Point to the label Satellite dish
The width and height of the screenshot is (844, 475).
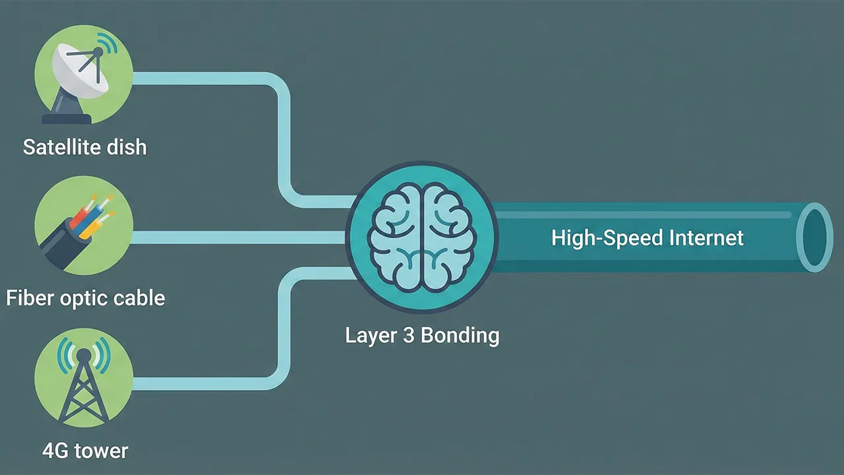pos(84,146)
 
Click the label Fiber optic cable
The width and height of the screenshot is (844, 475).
pos(85,298)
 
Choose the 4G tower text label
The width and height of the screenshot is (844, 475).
pos(85,451)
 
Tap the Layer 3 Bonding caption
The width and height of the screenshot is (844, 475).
pos(422,335)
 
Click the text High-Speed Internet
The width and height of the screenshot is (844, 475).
pos(647,237)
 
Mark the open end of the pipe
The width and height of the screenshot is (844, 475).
pos(814,237)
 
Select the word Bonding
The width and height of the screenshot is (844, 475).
pos(460,335)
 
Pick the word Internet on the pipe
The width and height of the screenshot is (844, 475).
pos(706,237)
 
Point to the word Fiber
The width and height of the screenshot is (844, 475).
pos(27,298)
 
